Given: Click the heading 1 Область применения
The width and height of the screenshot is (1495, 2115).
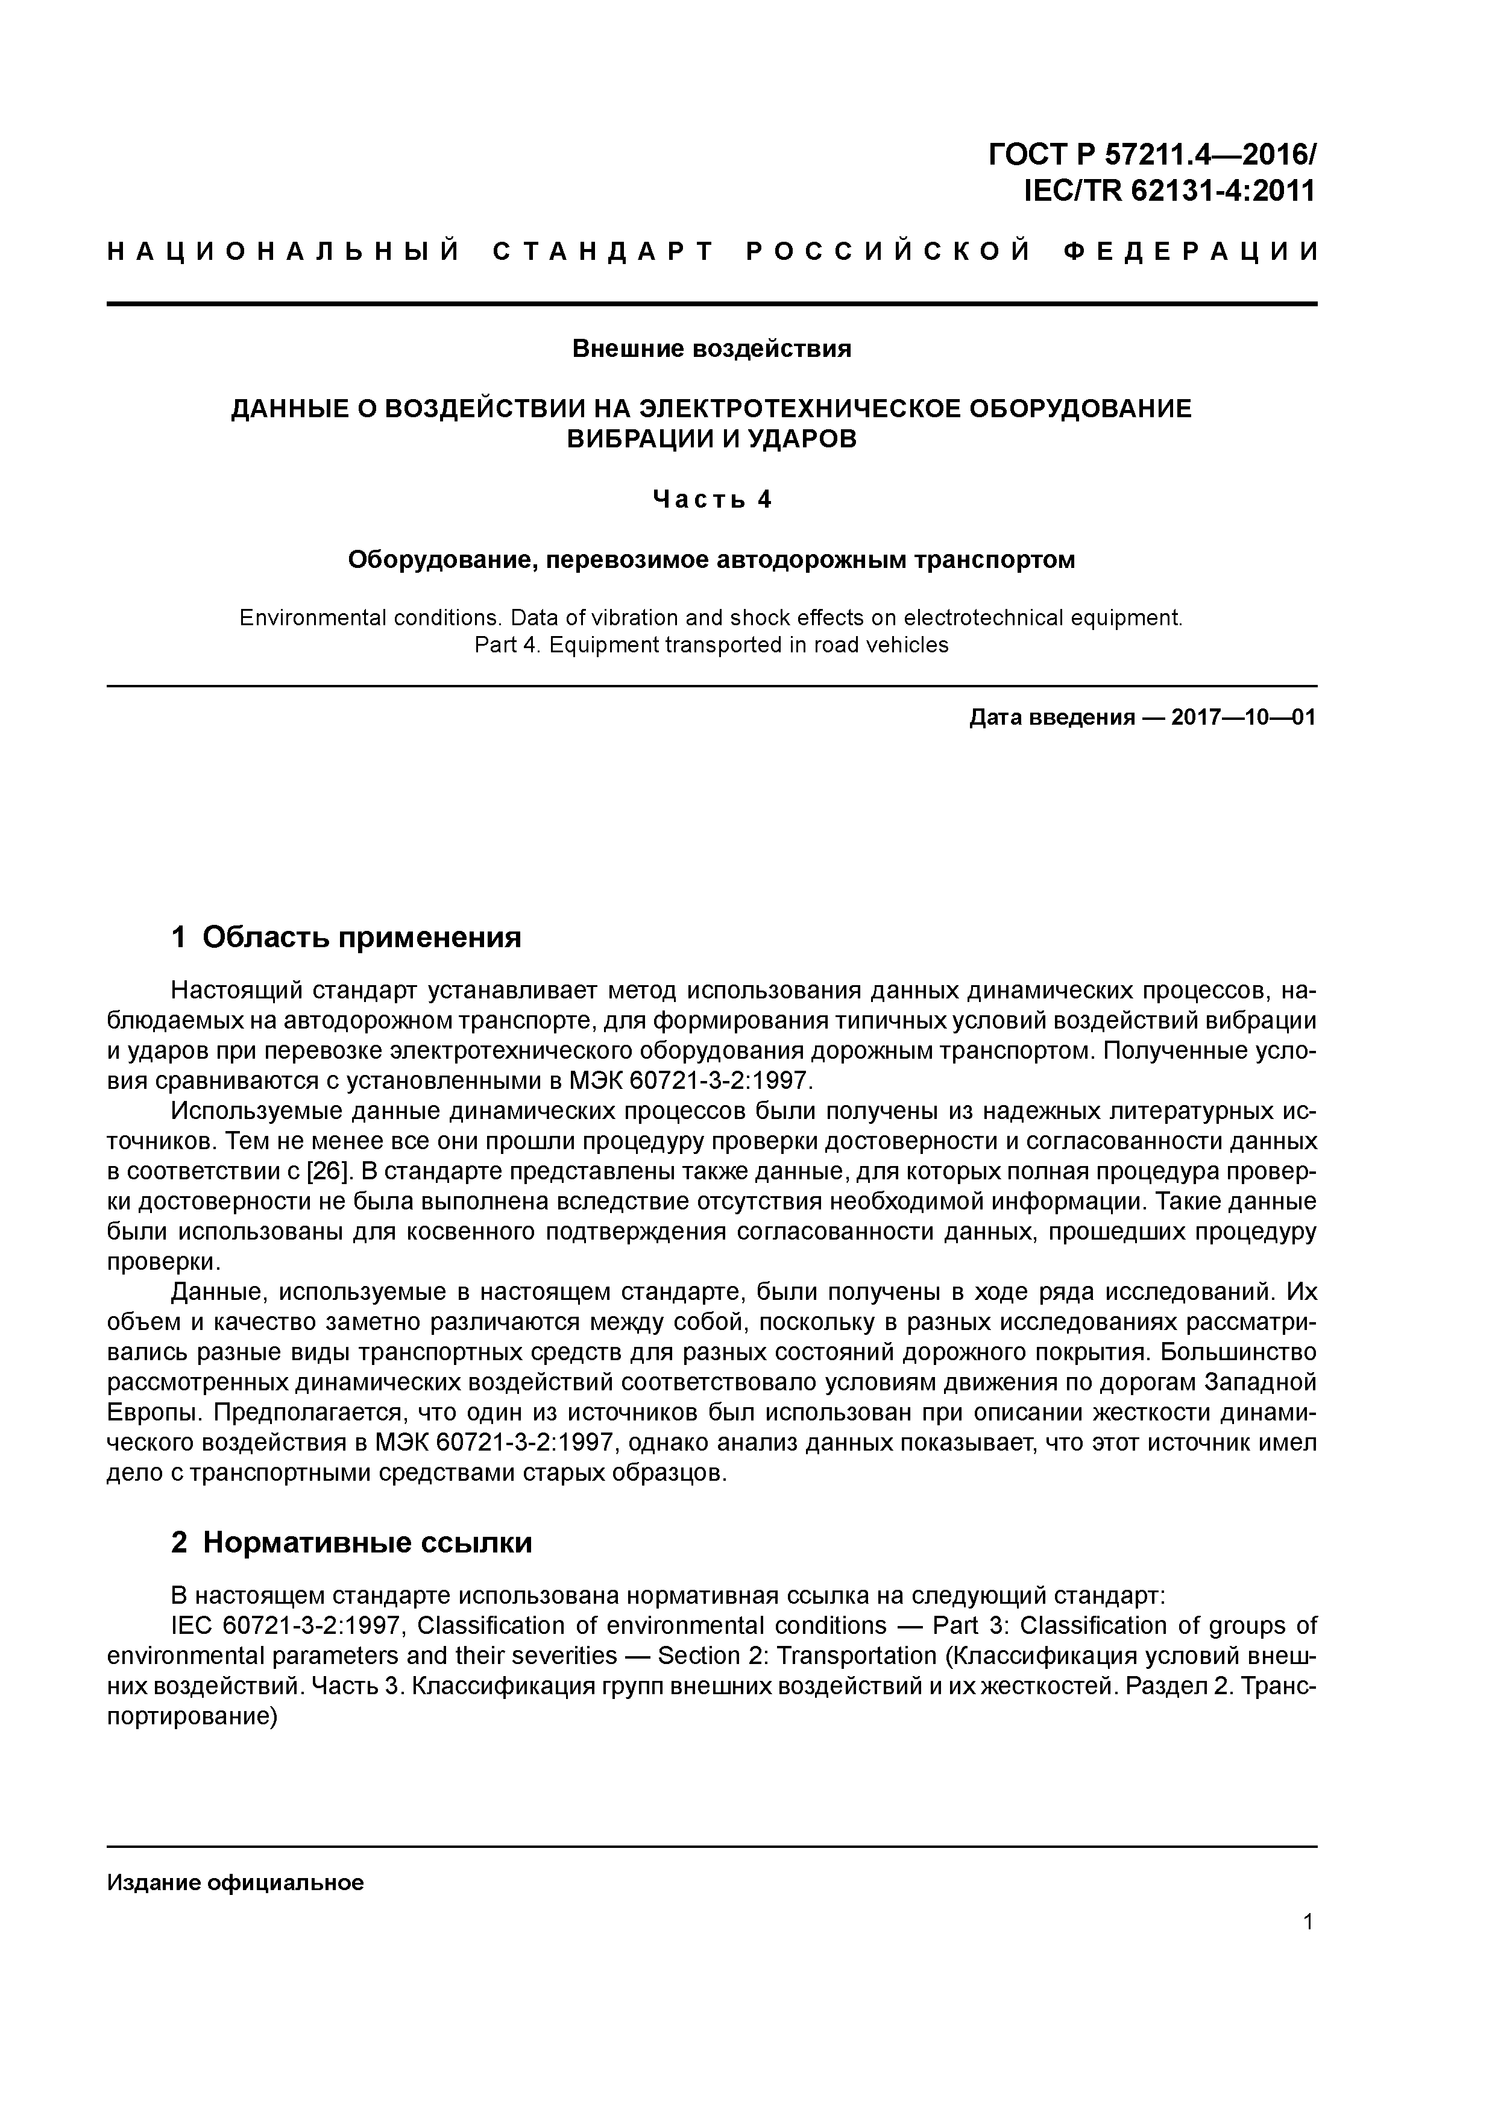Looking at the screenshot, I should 347,938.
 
